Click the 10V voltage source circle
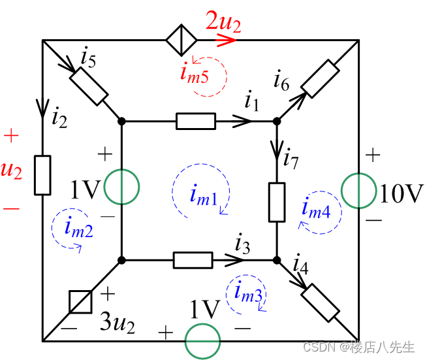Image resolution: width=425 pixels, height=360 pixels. tap(358, 190)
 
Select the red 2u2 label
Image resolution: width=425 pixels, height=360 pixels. tap(223, 24)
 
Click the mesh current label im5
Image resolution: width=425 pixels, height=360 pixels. tap(195, 73)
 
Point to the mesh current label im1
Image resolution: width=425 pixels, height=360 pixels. tap(204, 195)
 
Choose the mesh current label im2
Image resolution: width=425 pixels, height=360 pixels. tap(78, 227)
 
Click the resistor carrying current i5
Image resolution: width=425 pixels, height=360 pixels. tap(89, 86)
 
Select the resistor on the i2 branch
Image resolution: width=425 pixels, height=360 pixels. tap(43, 175)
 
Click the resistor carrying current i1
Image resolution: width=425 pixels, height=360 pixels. tap(195, 121)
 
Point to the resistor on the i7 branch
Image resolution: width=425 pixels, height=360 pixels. tap(277, 202)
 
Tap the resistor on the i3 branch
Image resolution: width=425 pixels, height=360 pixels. tap(193, 260)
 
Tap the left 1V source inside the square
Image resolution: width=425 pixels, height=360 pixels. tap(121, 186)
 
